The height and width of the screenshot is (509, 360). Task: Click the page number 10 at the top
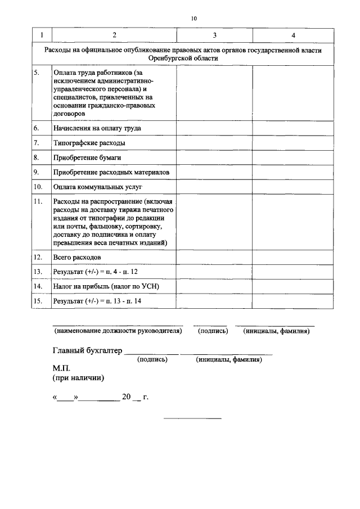(193, 19)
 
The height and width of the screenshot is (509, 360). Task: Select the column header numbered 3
(214, 35)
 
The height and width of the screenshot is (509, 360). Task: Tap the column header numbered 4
(292, 35)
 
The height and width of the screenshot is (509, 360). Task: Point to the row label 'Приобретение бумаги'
(87, 157)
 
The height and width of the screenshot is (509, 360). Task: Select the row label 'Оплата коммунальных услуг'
(98, 186)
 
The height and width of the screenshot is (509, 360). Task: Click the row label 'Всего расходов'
(77, 257)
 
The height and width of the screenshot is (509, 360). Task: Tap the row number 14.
(38, 286)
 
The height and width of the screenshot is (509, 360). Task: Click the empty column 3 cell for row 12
(214, 257)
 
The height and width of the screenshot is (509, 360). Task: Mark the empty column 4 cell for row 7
(292, 143)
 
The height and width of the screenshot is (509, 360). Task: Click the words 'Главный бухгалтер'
(87, 351)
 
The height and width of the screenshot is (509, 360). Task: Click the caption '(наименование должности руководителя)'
(118, 331)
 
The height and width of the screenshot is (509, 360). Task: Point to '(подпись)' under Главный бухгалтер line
(152, 360)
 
